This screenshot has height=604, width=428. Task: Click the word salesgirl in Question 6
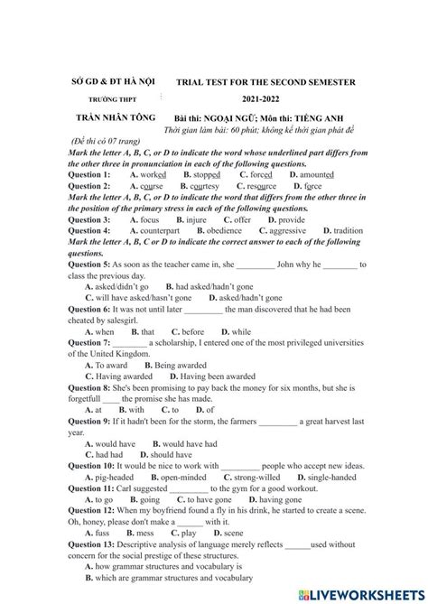pyautogui.click(x=122, y=321)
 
